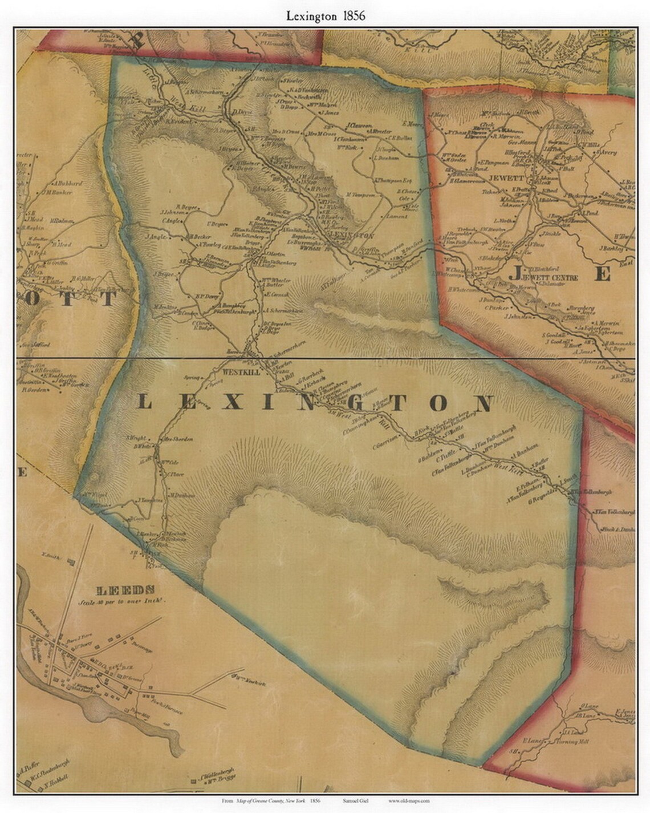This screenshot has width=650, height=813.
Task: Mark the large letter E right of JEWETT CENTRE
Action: tap(603, 274)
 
